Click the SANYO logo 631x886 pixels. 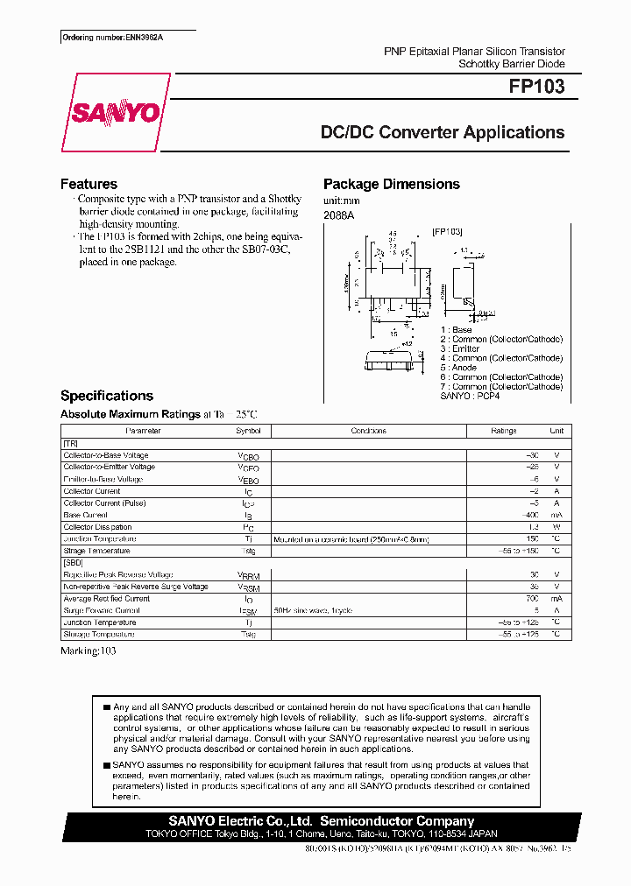click(116, 113)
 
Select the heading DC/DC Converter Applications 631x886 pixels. click(443, 133)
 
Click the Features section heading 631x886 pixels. click(89, 184)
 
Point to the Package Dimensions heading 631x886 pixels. click(391, 184)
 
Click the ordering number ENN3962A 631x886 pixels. click(128, 37)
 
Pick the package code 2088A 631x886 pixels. click(339, 215)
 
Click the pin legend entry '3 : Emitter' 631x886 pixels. click(460, 348)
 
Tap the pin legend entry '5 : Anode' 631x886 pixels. click(458, 368)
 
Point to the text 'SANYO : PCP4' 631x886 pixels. click(469, 396)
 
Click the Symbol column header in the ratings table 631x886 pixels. click(248, 431)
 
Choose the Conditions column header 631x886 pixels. click(368, 431)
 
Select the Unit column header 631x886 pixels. click(556, 431)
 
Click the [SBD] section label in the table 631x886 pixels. click(73, 563)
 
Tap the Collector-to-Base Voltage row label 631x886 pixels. click(106, 455)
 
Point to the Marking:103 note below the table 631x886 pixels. click(88, 650)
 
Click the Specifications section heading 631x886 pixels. click(106, 396)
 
